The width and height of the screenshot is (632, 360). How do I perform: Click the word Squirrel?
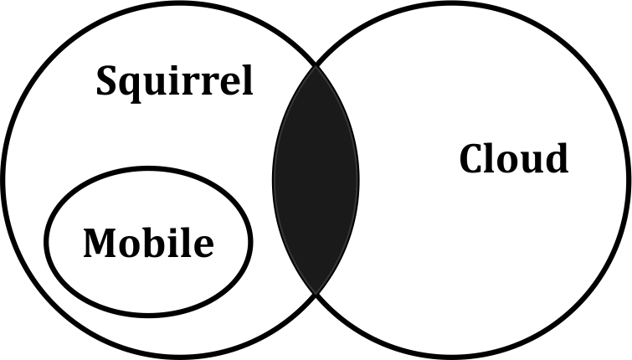coord(174,83)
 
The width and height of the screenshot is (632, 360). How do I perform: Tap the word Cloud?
coord(514,158)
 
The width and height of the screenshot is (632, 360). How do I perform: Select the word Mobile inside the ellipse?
coord(148,242)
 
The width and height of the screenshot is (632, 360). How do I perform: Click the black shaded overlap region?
coord(316,180)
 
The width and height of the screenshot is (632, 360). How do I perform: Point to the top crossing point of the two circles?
coord(316,64)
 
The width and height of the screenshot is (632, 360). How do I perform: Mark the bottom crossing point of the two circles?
coord(316,295)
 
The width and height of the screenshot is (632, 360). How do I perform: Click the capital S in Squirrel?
coord(108,80)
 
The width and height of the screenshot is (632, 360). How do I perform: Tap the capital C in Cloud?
coord(471,158)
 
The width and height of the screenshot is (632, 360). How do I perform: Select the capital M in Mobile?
coord(100,243)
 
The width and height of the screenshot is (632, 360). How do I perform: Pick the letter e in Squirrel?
coord(228,85)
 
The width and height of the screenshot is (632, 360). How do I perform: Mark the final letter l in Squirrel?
coord(246,80)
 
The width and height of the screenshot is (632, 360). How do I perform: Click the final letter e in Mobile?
coord(204,247)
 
